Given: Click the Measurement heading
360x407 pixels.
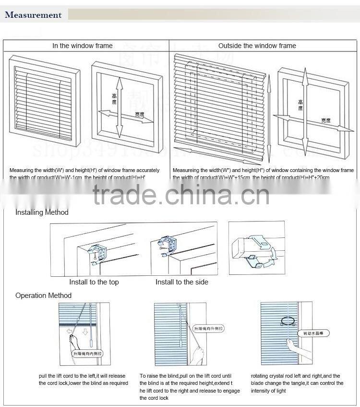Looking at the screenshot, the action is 33,15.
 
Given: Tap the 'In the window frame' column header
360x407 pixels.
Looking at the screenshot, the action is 83,46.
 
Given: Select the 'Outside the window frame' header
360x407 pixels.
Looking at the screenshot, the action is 257,46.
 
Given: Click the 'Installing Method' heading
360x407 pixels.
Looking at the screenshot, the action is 42,212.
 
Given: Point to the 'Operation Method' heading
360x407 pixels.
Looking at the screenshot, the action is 43,296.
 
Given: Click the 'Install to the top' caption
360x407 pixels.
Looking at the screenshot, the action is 94,282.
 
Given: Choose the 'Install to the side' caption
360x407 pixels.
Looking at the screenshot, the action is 182,282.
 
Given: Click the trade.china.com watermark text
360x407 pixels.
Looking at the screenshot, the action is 181,195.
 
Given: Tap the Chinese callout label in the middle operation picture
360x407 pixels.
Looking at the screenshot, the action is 209,329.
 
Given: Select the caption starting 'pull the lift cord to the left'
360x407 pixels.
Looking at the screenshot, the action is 84,380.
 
